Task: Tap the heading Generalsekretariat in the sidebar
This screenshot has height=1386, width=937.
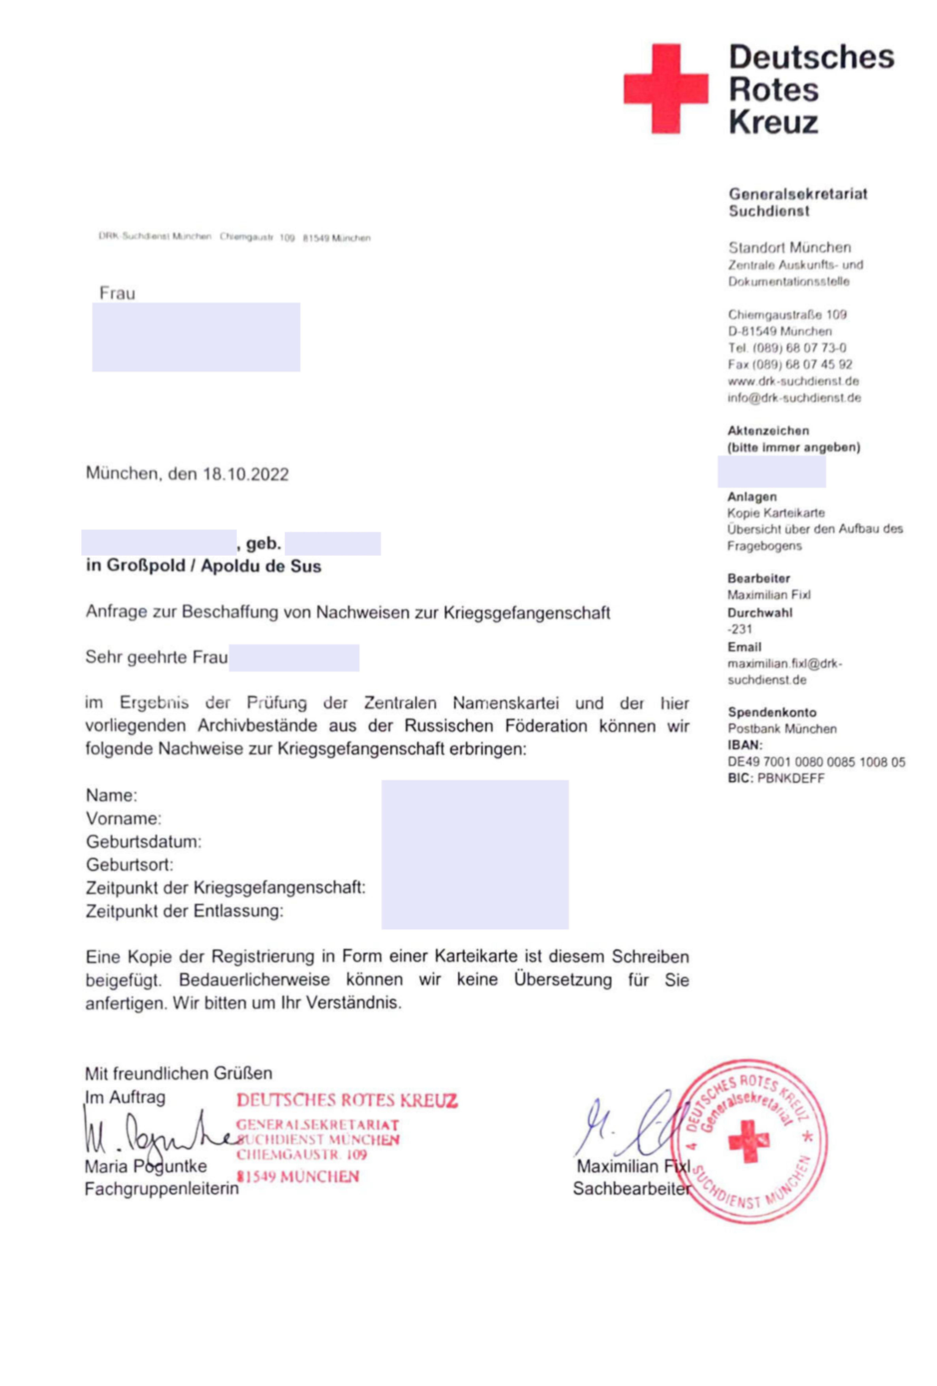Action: pos(797,194)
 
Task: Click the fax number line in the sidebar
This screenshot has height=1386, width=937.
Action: pos(789,364)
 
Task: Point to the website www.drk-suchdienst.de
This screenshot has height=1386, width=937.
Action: pos(793,381)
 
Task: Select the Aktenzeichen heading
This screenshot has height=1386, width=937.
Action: pos(768,431)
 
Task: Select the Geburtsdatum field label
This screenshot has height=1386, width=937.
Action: pos(144,841)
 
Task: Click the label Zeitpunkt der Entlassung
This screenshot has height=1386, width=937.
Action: pos(184,911)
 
